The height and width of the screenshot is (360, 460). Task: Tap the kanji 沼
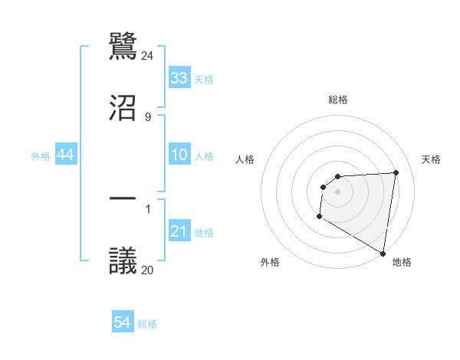coord(123,108)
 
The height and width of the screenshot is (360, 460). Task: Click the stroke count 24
coord(148,56)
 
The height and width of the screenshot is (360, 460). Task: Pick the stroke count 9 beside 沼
coord(148,116)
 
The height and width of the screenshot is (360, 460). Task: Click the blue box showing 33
coord(179,77)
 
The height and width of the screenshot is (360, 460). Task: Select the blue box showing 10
coord(179,155)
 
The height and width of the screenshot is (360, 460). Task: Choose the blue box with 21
coord(179,231)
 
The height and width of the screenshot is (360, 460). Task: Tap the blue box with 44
coord(66,155)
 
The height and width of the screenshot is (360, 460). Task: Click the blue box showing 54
coord(123,322)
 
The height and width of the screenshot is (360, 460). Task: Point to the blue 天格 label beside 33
coord(204,80)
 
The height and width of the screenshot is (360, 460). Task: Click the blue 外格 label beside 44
coord(41,156)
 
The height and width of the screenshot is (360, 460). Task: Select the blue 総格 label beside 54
coord(147,325)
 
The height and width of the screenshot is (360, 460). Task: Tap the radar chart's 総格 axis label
coord(338,100)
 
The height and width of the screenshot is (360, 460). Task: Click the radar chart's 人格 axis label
coord(245,159)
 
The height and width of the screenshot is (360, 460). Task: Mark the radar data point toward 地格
coord(382,253)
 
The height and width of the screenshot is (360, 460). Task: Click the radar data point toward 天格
coord(396,172)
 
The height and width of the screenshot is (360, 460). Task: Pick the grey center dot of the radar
coord(338,191)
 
